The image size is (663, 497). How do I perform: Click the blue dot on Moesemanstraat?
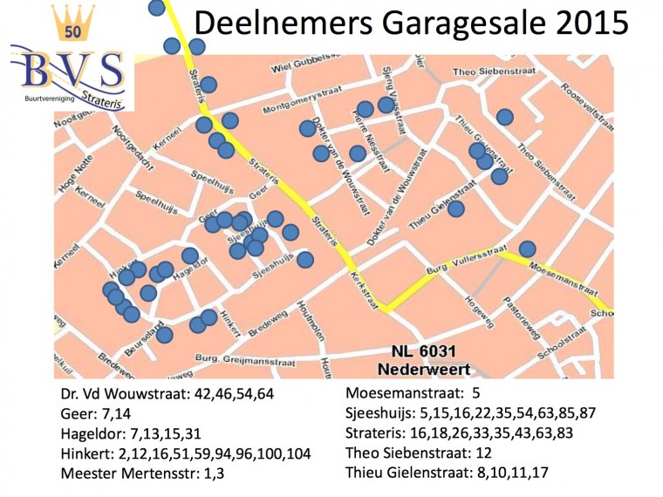tap(527, 248)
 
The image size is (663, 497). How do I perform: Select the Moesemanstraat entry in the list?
tap(414, 393)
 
